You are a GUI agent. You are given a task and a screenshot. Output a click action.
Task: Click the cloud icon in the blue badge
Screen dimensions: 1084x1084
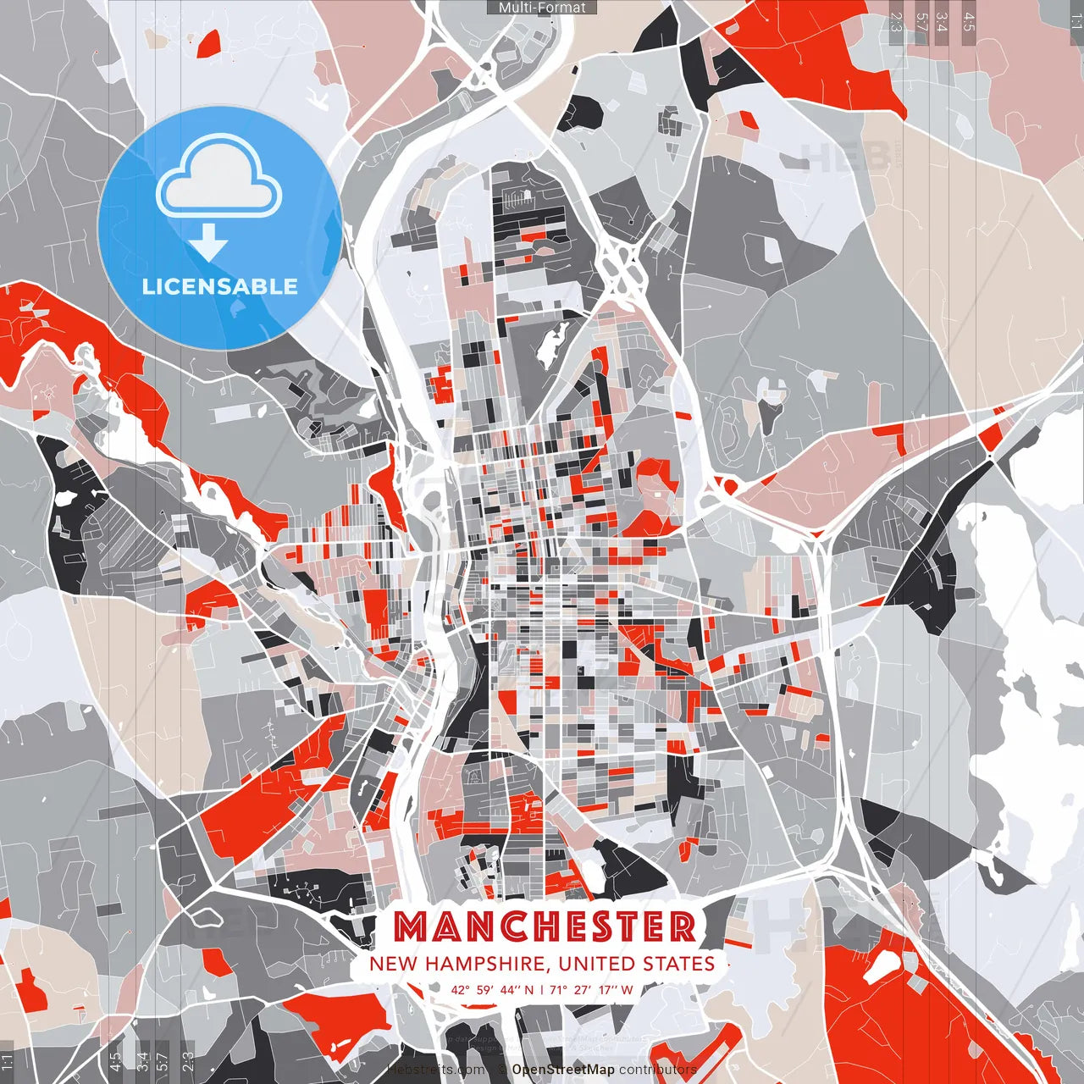219,180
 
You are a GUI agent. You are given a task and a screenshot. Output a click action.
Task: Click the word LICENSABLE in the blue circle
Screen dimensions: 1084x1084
219,286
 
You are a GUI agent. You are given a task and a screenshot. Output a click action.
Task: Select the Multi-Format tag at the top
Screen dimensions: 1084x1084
542,8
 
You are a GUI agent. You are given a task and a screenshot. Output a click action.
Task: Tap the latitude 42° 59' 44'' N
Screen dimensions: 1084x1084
493,989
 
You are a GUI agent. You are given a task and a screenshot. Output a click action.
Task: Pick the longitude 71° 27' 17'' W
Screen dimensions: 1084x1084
592,989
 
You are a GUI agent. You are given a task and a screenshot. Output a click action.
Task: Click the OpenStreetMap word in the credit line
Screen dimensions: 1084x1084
563,1070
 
